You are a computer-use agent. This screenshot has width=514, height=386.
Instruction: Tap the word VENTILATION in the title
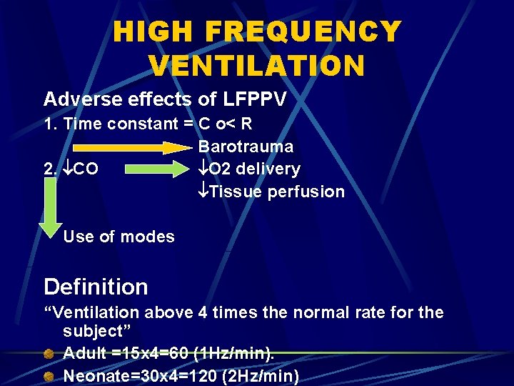[x=257, y=66]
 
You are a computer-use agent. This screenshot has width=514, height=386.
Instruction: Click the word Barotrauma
[x=246, y=147]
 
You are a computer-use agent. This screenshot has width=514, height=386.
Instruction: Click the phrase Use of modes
[x=119, y=237]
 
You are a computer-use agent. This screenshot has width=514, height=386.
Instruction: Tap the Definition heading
[x=96, y=287]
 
